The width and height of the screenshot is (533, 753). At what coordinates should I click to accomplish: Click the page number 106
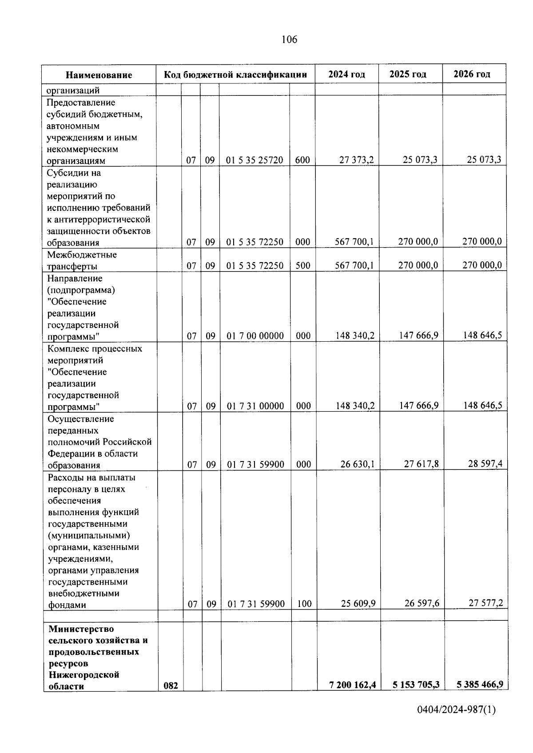pos(289,39)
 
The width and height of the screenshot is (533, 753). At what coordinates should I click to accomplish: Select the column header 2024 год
pos(346,74)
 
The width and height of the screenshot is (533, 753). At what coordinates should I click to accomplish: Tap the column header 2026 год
pos(472,74)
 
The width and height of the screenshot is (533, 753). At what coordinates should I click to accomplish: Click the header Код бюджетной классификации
pos(235,75)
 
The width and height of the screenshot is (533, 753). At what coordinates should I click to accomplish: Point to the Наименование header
pos(99,75)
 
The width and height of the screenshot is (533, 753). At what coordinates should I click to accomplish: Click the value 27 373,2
pos(356,160)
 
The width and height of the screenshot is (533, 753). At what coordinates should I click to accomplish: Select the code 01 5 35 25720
pos(255,160)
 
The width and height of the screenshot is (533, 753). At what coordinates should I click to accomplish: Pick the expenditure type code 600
pos(302,160)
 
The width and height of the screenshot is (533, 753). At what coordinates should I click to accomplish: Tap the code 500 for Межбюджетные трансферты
pos(303,266)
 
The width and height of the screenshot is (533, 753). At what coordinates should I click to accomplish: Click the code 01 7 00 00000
pos(255,336)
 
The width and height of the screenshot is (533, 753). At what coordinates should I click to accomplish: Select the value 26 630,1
pos(357,464)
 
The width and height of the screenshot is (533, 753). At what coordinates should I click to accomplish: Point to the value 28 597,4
pos(485,464)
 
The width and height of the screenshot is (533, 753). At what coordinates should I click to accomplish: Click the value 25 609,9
pos(358,603)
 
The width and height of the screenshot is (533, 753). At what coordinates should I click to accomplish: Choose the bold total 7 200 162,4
pos(353,697)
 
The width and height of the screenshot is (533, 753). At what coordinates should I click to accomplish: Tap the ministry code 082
pos(171,698)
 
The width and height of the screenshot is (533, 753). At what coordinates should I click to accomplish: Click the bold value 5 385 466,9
pos(480,697)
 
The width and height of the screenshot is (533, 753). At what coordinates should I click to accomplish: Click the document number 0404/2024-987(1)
pos(456,722)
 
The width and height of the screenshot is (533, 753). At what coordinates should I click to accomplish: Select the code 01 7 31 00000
pos(255,406)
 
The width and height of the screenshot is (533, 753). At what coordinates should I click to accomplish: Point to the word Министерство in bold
pos(81,629)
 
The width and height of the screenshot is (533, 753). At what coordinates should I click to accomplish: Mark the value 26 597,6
pos(422,603)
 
